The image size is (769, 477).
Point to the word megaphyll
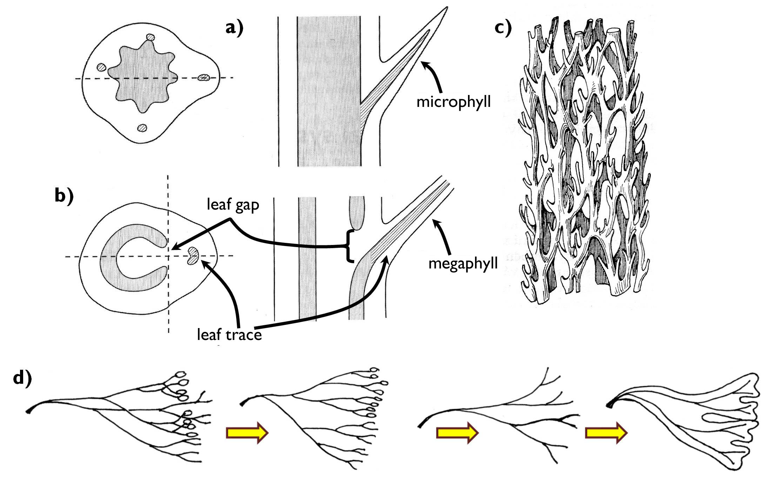[463, 263]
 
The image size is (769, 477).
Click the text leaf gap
[233, 204]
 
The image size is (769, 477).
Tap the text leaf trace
[229, 335]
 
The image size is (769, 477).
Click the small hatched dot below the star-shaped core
[142, 128]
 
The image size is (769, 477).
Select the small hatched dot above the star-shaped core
[151, 37]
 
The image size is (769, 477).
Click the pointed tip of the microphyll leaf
[446, 8]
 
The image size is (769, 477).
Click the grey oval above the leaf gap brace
[357, 212]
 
